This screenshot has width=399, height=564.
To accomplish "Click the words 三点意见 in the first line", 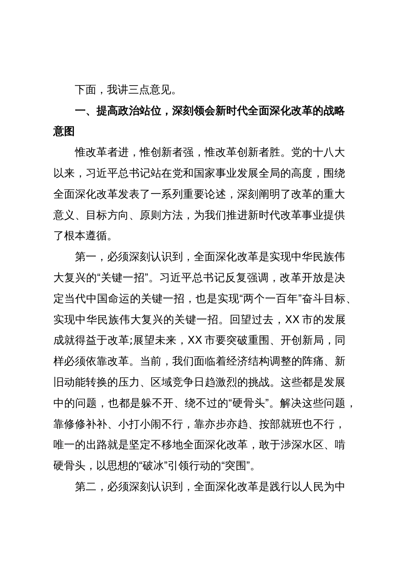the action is [x=145, y=90].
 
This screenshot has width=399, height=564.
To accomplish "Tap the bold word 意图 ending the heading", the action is [x=64, y=131].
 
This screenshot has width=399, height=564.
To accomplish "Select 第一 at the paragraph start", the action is [x=86, y=257].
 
